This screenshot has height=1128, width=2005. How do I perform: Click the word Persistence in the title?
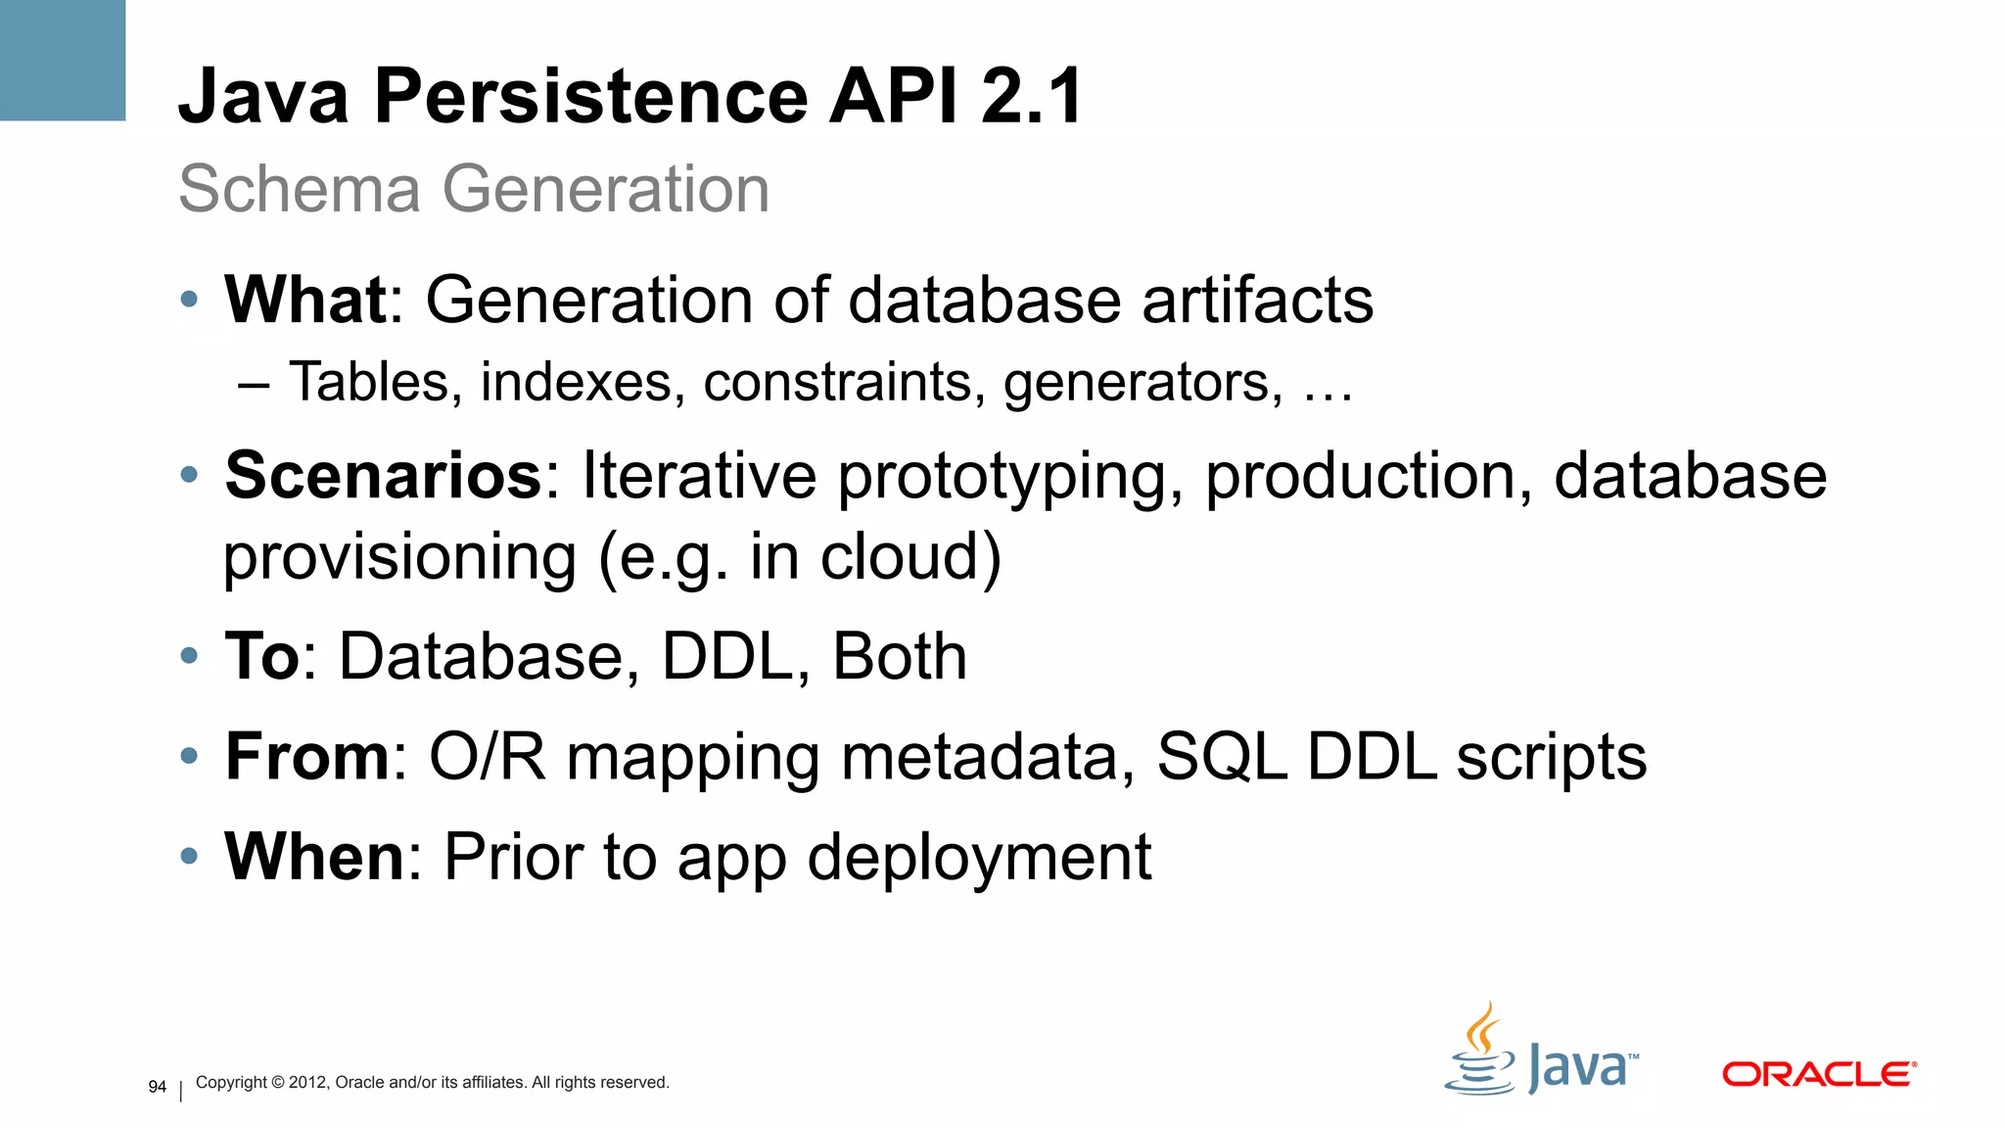pos(590,96)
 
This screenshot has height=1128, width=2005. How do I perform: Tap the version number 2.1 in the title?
pos(1032,96)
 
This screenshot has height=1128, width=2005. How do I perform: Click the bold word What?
pos(305,300)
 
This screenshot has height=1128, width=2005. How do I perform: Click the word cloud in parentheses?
pos(899,556)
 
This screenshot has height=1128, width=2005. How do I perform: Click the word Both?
pos(899,656)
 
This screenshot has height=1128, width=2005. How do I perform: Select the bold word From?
pos(307,757)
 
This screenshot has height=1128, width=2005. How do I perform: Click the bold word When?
pos(314,857)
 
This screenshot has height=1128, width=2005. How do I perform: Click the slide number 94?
pos(157,1087)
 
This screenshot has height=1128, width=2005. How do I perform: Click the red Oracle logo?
pos(1818,1074)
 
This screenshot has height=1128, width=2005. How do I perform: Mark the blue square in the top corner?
pos(63,60)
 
